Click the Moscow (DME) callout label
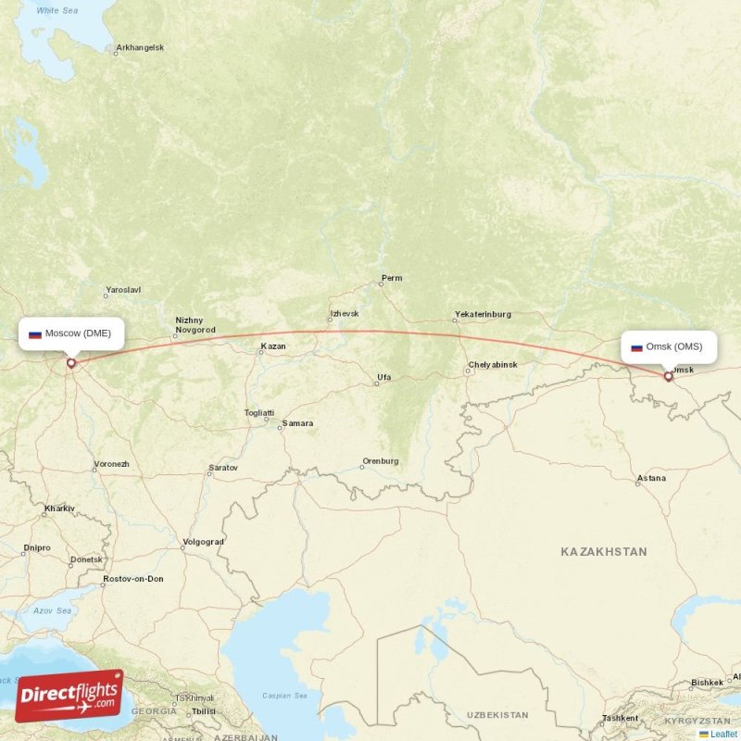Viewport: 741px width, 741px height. pos(70,333)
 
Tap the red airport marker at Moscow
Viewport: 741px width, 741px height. pos(70,363)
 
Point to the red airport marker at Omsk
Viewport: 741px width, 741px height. pos(668,376)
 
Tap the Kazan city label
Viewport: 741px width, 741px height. pos(273,346)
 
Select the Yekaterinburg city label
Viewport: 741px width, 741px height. pos(482,315)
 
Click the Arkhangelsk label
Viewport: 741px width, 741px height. pos(139,47)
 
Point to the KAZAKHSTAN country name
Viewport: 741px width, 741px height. pos(604,551)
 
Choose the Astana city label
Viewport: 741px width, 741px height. pos(651,479)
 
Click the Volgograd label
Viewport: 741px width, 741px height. pos(204,541)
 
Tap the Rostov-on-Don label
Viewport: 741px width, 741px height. pos(133,579)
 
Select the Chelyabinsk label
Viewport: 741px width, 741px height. pos(493,365)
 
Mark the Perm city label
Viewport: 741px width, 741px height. pos(392,278)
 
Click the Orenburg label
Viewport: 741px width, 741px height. pos(380,461)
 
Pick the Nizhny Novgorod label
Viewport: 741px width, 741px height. pos(195,325)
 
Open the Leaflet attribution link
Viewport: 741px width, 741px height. pos(723,734)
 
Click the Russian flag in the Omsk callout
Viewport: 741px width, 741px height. pos(636,348)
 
